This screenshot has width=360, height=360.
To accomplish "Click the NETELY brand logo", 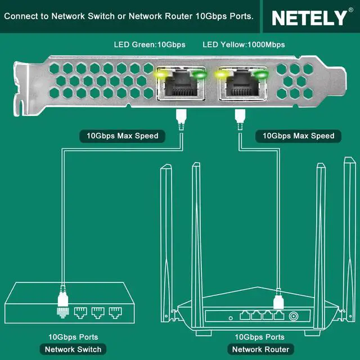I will pos(309,17).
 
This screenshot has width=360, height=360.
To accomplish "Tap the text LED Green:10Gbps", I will pos(150,44).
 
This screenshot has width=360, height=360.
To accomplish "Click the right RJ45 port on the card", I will pos(241,85).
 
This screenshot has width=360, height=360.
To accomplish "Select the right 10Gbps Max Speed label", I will pos(299,136).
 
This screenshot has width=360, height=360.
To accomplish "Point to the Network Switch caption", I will pos(73,349).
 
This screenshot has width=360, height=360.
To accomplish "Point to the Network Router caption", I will pos(260,349).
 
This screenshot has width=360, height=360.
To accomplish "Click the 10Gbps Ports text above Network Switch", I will pos(73,337).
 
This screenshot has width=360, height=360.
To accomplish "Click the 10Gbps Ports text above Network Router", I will pos(259,337).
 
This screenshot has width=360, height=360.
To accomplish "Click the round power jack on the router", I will pos(293,316).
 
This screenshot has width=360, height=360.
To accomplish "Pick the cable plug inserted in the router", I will pos(277,304).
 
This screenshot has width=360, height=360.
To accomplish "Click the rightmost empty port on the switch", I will pos(115,312).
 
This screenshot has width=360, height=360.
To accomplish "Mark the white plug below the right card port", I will pos(239,116).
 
